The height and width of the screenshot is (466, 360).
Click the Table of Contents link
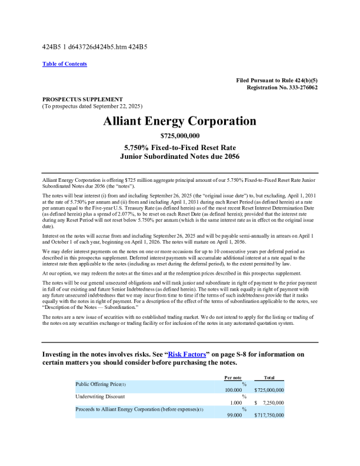(65, 64)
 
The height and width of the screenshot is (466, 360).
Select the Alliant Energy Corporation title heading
(179, 121)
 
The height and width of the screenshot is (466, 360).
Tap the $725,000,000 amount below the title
(179, 136)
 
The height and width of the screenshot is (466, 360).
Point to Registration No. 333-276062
(282, 87)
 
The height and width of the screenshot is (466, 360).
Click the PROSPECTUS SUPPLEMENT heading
(82, 99)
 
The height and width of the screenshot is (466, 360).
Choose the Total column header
(269, 377)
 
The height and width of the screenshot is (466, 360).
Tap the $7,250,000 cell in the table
(270, 402)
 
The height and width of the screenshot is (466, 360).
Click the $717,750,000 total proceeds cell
(269, 415)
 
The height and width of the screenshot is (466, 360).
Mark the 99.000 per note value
(234, 415)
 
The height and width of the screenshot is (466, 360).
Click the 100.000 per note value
(234, 390)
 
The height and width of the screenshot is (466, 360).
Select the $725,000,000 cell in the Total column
(269, 390)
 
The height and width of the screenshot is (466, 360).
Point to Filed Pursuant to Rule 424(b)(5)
(276, 79)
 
